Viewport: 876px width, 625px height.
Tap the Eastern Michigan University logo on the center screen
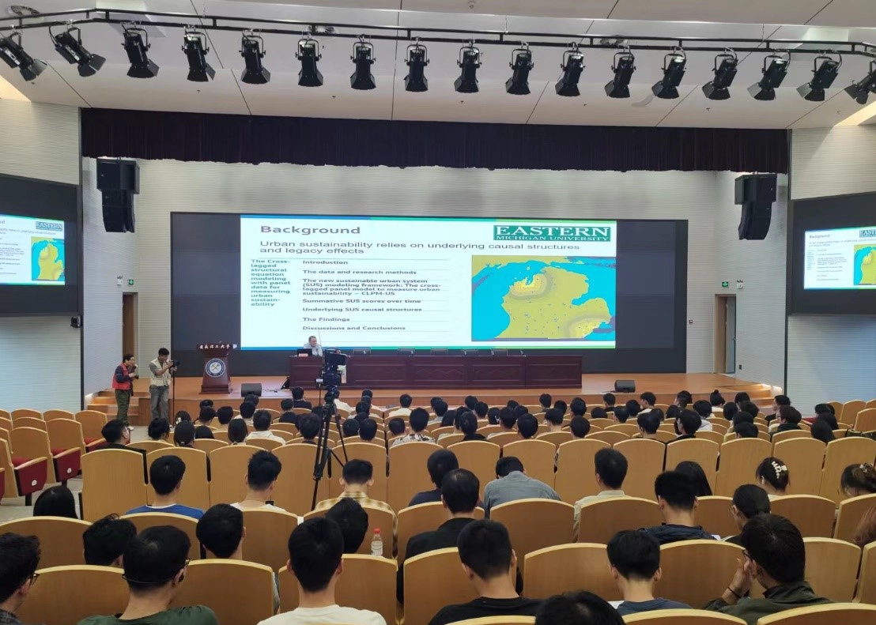click(x=552, y=233)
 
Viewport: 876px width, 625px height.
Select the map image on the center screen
click(x=542, y=297)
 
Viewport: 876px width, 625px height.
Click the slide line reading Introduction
click(x=325, y=262)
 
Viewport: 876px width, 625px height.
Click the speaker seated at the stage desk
click(x=313, y=345)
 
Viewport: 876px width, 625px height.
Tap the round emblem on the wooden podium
click(x=215, y=367)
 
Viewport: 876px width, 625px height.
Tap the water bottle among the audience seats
click(x=377, y=542)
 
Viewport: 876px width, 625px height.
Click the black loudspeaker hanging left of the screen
click(x=118, y=195)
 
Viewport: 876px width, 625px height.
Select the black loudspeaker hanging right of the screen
click(x=756, y=205)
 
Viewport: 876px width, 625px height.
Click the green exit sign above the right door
click(x=724, y=284)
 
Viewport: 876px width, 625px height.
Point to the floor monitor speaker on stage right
click(x=625, y=386)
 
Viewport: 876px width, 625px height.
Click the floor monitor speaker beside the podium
click(x=251, y=389)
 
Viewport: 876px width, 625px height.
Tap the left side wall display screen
click(x=32, y=250)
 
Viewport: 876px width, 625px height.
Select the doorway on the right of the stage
click(x=724, y=333)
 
